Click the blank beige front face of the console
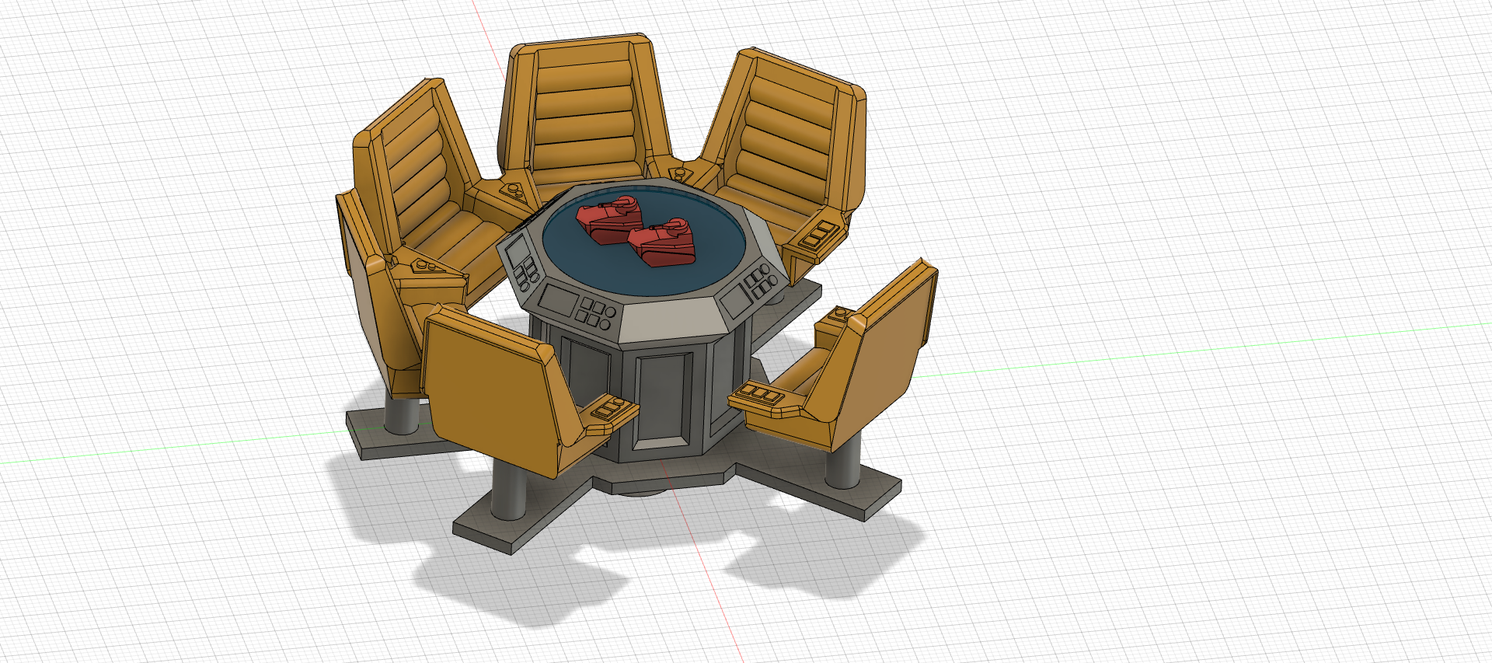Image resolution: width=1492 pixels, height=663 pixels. click(x=670, y=318)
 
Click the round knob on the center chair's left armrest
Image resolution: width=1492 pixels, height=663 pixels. click(x=514, y=189)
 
